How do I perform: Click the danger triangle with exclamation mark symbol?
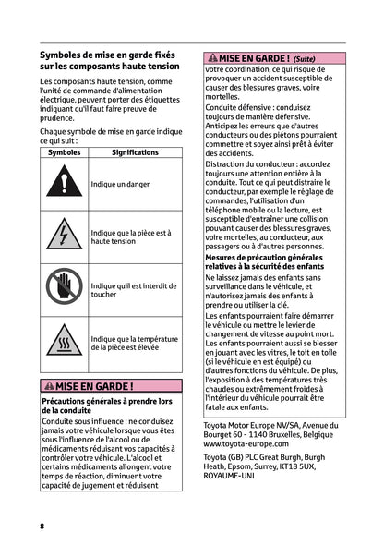click(64, 184)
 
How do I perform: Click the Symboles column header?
click(64, 151)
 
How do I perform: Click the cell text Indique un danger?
click(120, 184)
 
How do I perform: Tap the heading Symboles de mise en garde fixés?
click(105, 55)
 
